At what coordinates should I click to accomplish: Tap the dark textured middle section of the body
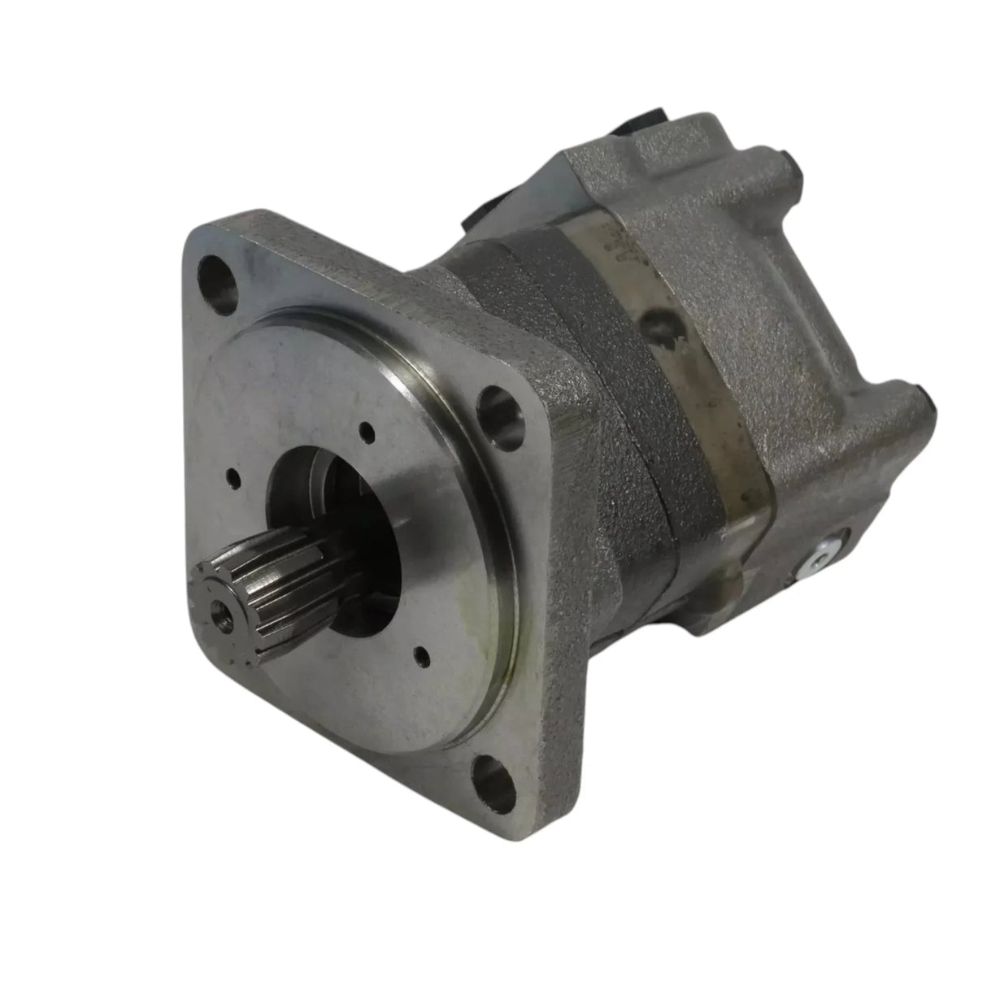point(626,488)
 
